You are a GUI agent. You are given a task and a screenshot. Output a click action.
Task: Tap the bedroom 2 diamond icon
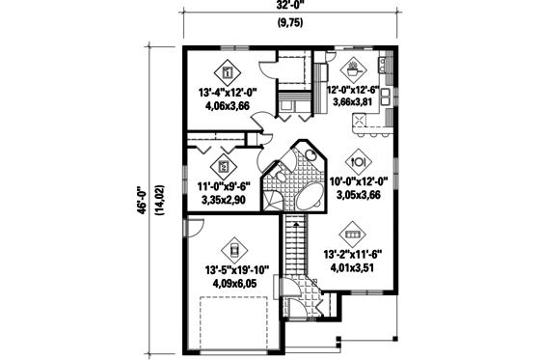click(225, 163)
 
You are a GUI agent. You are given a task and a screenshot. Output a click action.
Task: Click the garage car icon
click(231, 249)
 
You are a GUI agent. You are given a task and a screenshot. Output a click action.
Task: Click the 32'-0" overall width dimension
click(288, 7)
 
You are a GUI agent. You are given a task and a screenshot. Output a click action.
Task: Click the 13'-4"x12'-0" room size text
click(228, 94)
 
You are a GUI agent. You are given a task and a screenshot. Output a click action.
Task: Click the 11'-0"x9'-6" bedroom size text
click(224, 186)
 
